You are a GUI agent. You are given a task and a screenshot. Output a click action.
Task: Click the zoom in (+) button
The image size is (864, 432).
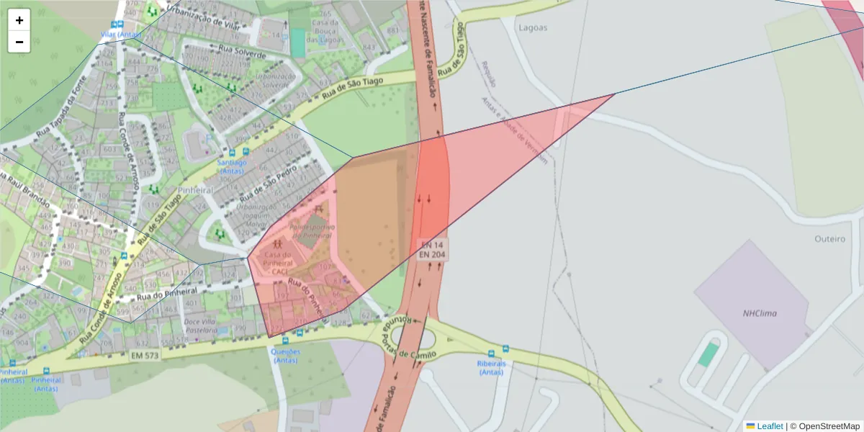pyautogui.click(x=19, y=20)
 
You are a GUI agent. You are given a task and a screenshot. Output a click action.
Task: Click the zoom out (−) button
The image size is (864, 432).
pyautogui.click(x=19, y=42)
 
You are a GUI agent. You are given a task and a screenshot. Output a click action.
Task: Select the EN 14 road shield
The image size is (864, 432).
pyautogui.click(x=432, y=246)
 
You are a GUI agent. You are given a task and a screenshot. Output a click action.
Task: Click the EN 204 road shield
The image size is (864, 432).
pyautogui.click(x=432, y=255)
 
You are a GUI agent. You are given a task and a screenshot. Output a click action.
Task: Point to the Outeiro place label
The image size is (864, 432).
pyautogui.click(x=829, y=239)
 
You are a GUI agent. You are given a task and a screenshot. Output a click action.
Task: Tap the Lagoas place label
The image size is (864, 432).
pyautogui.click(x=533, y=27)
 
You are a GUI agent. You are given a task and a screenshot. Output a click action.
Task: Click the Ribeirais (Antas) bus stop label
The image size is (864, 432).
pyautogui.click(x=491, y=368)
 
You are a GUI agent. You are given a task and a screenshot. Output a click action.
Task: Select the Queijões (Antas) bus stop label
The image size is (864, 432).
pyautogui.click(x=285, y=356)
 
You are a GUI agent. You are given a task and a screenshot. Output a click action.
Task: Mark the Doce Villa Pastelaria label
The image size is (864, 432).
pyautogui.click(x=201, y=325)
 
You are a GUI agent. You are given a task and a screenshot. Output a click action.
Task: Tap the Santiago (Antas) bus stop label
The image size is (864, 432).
pyautogui.click(x=232, y=167)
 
